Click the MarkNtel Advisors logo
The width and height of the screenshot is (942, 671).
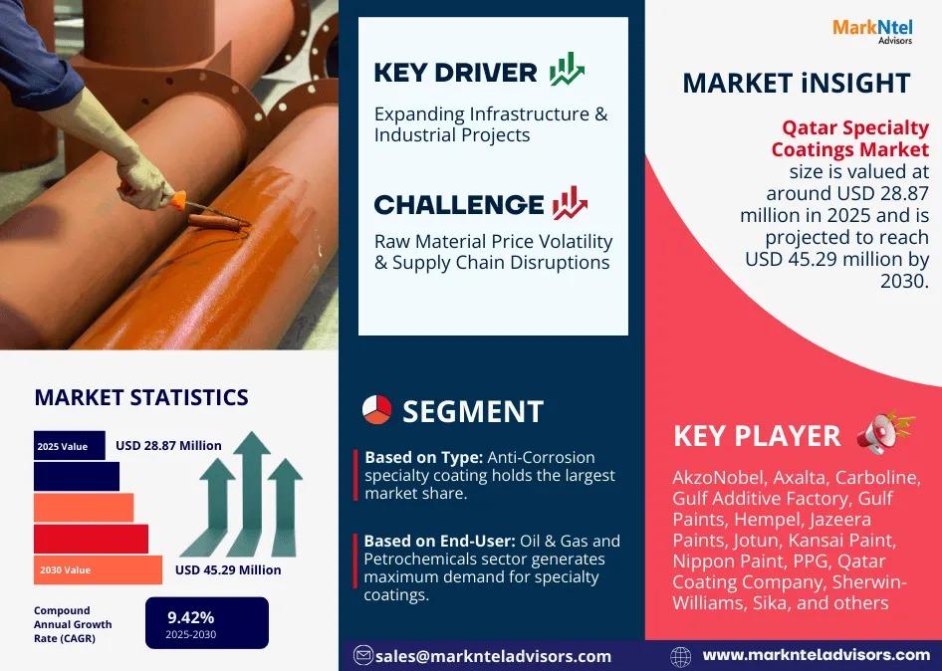[x=872, y=31]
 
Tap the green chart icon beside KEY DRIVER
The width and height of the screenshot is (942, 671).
[x=567, y=69]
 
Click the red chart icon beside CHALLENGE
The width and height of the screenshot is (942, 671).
[x=571, y=203]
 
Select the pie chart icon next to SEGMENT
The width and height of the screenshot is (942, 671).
[x=376, y=410]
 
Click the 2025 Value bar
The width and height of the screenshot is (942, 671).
[x=69, y=446]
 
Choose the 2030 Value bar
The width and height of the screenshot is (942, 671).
[x=98, y=570]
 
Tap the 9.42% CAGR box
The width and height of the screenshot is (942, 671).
[x=207, y=623]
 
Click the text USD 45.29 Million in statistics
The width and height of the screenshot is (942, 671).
[x=228, y=570]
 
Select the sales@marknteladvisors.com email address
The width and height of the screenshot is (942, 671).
[x=493, y=656]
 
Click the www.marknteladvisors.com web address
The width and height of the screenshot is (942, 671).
[x=817, y=655]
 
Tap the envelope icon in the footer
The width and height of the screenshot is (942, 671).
[x=362, y=655]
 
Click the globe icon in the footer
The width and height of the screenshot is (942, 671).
[x=681, y=657]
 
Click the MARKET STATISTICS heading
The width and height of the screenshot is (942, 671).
[x=141, y=397]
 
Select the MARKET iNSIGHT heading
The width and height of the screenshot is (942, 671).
[x=797, y=83]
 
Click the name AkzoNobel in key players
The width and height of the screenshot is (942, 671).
[x=719, y=478]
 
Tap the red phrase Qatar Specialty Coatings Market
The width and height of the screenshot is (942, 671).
[x=850, y=138]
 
